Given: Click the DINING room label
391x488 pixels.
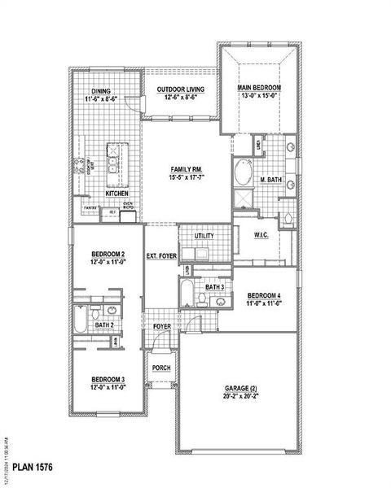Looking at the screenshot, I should click(x=101, y=92).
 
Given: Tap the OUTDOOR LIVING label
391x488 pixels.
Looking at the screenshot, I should click(x=181, y=89).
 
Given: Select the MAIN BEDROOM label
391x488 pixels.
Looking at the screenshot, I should click(x=259, y=87).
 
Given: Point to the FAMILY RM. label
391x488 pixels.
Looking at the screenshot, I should click(x=187, y=168).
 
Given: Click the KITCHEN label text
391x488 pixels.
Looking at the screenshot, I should click(x=116, y=194).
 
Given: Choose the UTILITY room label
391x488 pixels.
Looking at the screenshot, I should click(x=204, y=236).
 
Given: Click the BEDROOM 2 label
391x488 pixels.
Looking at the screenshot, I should click(x=108, y=255).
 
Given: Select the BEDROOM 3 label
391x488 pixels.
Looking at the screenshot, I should click(x=108, y=380).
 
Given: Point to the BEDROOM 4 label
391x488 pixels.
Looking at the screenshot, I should click(x=264, y=294).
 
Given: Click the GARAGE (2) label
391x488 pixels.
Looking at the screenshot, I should click(x=241, y=389).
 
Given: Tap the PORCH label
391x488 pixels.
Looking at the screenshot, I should click(x=161, y=366).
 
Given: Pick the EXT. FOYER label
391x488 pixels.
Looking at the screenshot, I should click(x=161, y=256).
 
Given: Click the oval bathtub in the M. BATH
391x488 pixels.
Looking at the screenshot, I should click(x=244, y=173).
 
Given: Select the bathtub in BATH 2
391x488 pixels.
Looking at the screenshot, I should click(x=81, y=320).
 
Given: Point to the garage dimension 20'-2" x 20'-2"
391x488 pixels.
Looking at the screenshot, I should click(x=241, y=398).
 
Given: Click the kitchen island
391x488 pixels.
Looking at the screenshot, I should click(x=116, y=162).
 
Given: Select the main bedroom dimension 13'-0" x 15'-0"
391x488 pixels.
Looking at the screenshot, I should click(x=259, y=96).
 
